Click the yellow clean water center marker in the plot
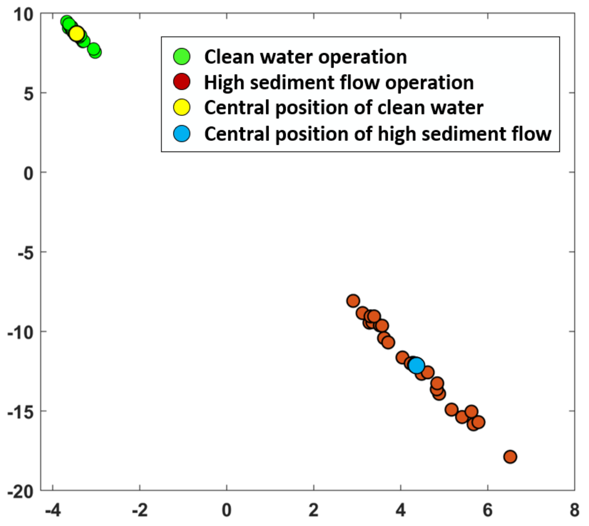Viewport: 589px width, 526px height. (x=77, y=34)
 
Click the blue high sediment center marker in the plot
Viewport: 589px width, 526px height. (x=416, y=365)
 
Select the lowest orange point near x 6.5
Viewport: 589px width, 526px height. (x=510, y=457)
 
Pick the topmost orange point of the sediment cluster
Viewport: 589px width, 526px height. (x=353, y=301)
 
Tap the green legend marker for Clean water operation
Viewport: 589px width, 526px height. (x=182, y=56)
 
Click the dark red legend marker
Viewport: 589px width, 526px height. (x=182, y=82)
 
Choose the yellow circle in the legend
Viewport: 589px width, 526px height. (x=182, y=107)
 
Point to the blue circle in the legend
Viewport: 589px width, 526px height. (x=182, y=134)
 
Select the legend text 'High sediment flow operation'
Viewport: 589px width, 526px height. (x=339, y=82)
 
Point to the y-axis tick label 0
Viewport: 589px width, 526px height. (x=28, y=173)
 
